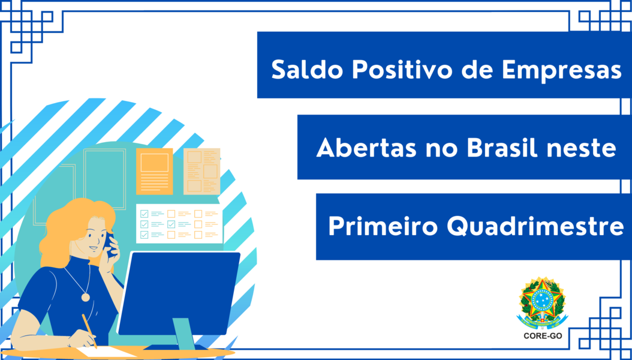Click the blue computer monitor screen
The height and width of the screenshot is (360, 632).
[x=179, y=293]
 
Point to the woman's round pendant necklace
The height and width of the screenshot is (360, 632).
[x=86, y=297]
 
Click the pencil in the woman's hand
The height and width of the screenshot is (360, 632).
[x=89, y=330]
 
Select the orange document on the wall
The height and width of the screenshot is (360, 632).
[x=154, y=172]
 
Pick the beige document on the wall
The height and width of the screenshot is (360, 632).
[x=202, y=172]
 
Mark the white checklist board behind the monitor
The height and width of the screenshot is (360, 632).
[x=179, y=223]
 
